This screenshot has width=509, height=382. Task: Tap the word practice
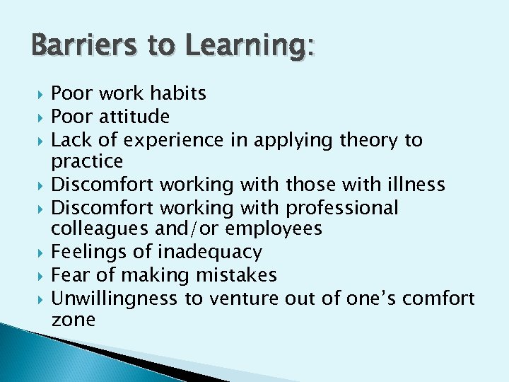click(x=87, y=162)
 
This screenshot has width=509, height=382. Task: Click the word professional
click(x=342, y=208)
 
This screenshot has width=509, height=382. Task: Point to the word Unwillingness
click(x=114, y=298)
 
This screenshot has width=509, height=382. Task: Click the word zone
click(x=73, y=320)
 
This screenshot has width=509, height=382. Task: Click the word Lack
click(x=70, y=140)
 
